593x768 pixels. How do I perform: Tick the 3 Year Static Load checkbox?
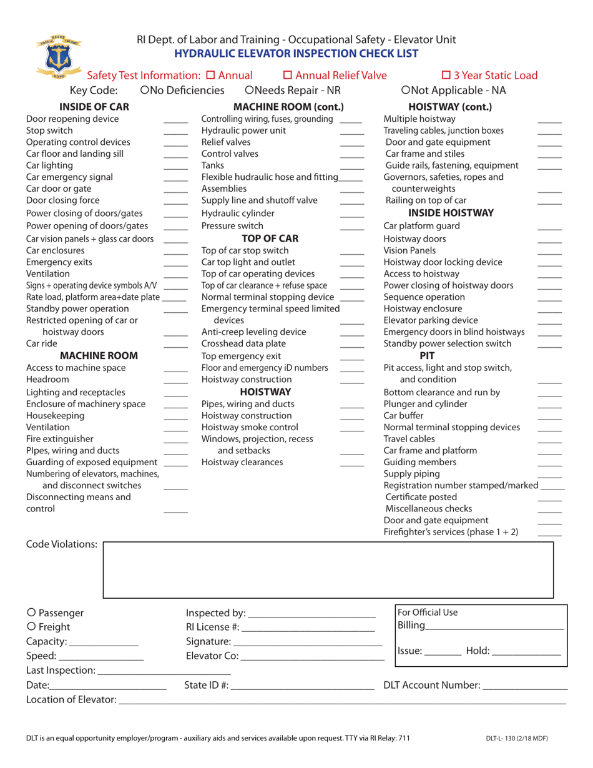pos(446,76)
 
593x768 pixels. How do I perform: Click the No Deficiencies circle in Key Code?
pos(145,91)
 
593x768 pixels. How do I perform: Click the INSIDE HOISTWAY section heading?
pos(442,213)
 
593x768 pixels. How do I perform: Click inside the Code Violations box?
pos(328,569)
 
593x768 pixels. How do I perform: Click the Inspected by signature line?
pos(311,615)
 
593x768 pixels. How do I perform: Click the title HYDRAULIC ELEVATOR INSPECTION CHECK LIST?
pos(296,54)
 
